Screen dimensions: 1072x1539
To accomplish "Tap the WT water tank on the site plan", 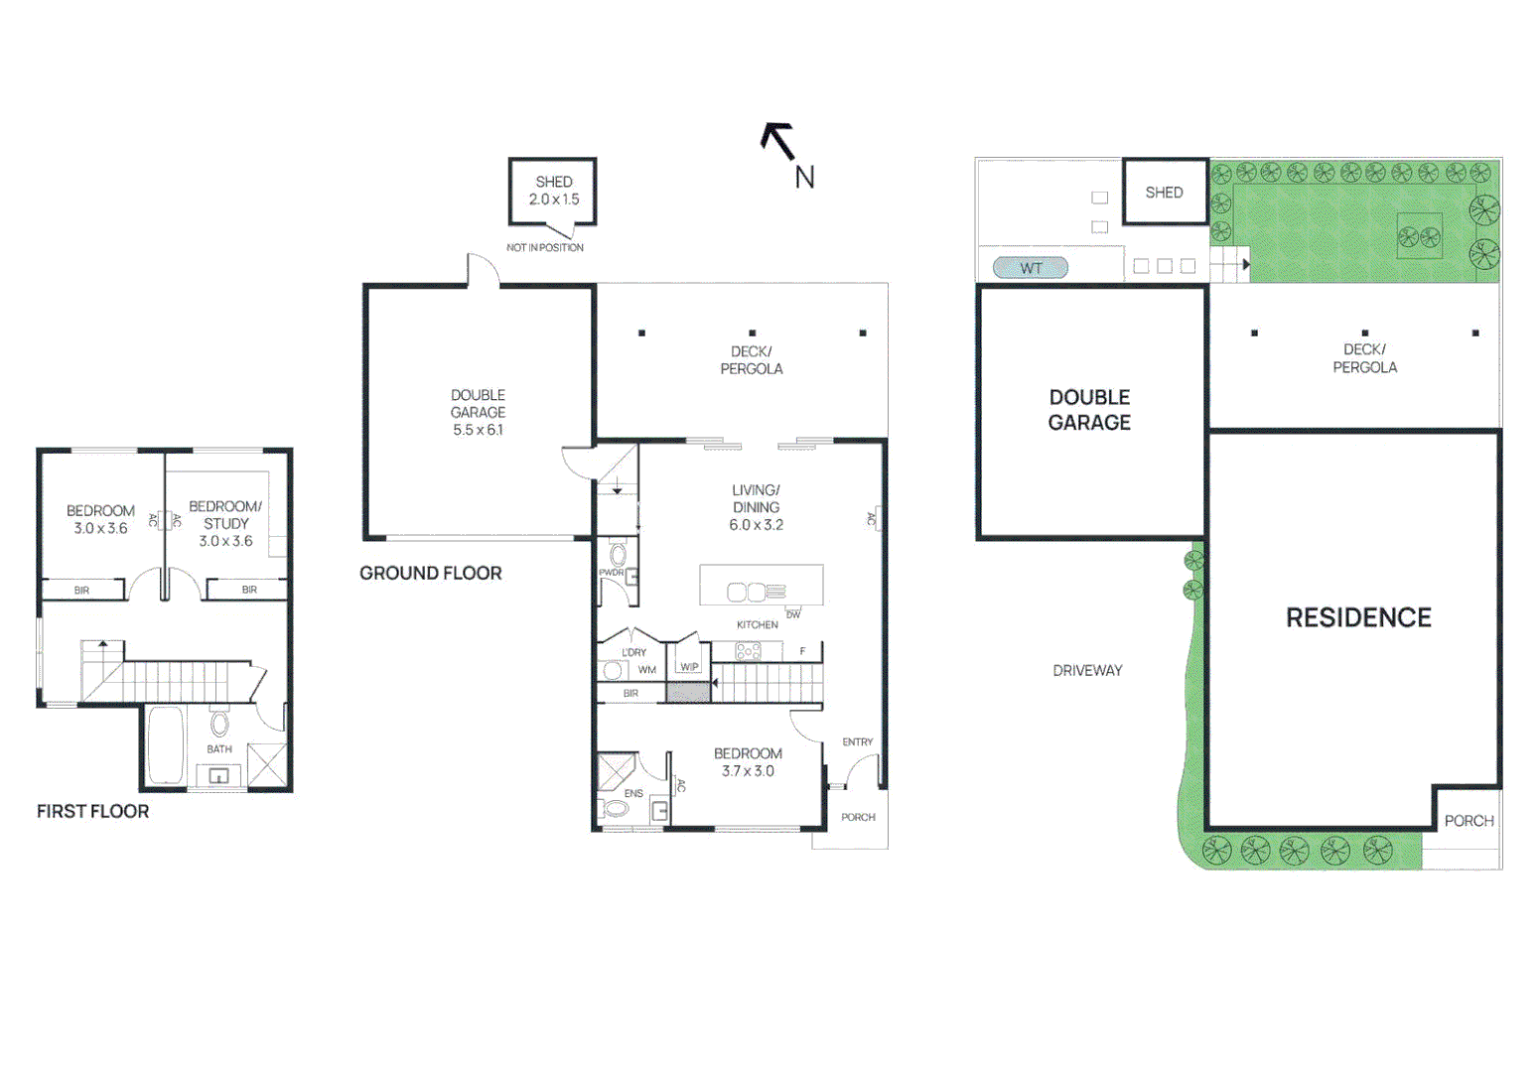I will pos(1031,268).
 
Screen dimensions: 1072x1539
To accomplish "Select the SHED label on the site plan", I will pos(1164,193).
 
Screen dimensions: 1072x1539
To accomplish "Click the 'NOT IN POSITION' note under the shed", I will pos(545,247).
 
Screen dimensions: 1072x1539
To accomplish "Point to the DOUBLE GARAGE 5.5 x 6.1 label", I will pos(478,412).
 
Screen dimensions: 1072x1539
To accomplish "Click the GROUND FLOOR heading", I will pos(430,573).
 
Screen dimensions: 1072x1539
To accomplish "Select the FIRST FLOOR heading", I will pos(92,811).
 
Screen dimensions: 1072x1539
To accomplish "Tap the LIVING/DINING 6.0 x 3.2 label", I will pos(756,507).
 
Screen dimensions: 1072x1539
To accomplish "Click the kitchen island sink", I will pos(746,593).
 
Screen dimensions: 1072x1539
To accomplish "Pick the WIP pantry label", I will pos(689,667).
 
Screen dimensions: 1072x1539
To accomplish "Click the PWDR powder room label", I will pos(611,573).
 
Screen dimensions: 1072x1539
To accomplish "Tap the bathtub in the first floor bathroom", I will pos(165,745).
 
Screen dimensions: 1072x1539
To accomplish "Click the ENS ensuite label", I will pos(633,793).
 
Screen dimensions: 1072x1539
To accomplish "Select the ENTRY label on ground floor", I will pos(857,741).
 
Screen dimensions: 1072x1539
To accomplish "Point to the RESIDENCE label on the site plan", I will pos(1358,617).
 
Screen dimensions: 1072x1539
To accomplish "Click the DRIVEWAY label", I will pos(1087,671).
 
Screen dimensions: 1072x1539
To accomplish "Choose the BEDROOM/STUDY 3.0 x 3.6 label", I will pos(225,523).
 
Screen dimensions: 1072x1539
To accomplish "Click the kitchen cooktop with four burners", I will pos(748,651).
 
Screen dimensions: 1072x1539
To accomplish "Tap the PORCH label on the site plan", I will pos(1469,821).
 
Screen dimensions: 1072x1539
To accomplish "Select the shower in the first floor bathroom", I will pos(267,764).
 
